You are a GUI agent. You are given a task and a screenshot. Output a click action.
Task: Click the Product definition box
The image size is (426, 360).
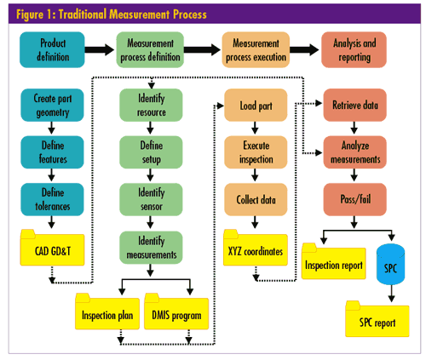pyautogui.click(x=52, y=49)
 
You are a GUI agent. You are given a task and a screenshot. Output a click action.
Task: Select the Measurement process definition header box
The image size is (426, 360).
pyautogui.click(x=150, y=49)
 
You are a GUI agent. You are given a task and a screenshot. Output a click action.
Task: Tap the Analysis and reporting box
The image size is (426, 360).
pyautogui.click(x=354, y=49)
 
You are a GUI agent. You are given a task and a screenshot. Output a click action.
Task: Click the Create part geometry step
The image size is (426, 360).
pyautogui.click(x=52, y=106)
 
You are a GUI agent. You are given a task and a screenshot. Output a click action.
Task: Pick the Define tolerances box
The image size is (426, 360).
pyautogui.click(x=52, y=199)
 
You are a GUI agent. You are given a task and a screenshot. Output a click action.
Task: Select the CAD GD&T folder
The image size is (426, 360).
pyautogui.click(x=52, y=248)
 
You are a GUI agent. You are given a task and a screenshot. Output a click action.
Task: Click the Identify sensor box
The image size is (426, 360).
pyautogui.click(x=151, y=199)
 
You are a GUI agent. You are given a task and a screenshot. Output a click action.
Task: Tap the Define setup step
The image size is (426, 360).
pyautogui.click(x=151, y=152)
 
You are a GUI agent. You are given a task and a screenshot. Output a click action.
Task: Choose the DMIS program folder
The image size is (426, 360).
pyautogui.click(x=176, y=311)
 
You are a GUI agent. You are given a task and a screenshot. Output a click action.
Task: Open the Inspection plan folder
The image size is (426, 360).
pyautogui.click(x=107, y=311)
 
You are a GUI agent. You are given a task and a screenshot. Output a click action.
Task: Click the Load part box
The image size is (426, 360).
pyautogui.click(x=256, y=106)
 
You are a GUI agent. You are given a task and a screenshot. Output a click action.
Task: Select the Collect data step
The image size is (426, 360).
pyautogui.click(x=256, y=199)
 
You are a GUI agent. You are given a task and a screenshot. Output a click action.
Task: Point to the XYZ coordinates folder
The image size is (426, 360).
pyautogui.click(x=256, y=248)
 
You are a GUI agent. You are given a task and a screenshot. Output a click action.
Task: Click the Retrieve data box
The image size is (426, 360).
pyautogui.click(x=355, y=106)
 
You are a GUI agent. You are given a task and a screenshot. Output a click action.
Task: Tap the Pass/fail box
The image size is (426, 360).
pyautogui.click(x=355, y=199)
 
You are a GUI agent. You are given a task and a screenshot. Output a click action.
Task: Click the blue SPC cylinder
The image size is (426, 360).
pyautogui.click(x=390, y=264)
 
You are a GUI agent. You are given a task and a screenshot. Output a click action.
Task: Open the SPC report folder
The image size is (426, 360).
pyautogui.click(x=377, y=319)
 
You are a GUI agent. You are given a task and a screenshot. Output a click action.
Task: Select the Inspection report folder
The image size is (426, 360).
pyautogui.click(x=334, y=261)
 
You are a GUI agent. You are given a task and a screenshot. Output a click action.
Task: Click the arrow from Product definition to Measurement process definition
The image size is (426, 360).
pyautogui.click(x=100, y=49)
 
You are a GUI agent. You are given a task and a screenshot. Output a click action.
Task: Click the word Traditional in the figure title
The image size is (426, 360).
pyautogui.click(x=82, y=14)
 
